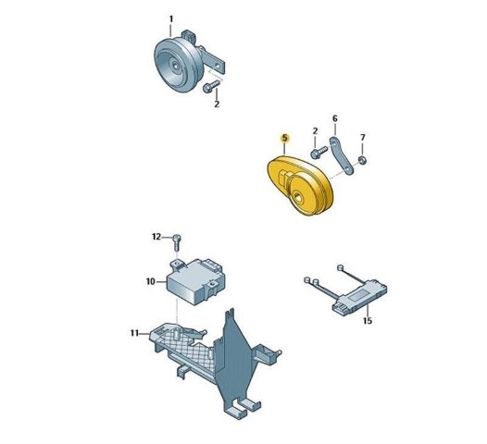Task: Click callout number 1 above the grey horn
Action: [170, 19]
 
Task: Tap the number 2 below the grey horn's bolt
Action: [217, 104]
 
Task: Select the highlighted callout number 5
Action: [284, 139]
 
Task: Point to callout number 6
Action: [334, 118]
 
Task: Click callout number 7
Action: [363, 137]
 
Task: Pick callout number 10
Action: [150, 282]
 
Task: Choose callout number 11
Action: [134, 333]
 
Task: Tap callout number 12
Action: [156, 237]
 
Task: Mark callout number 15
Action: [368, 320]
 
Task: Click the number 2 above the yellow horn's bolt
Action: [315, 131]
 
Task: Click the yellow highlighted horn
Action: [300, 186]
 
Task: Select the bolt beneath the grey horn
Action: [211, 86]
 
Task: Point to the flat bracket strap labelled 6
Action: [342, 155]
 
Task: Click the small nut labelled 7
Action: [362, 160]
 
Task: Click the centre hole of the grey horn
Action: [176, 66]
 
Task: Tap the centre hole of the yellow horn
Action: [298, 196]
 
